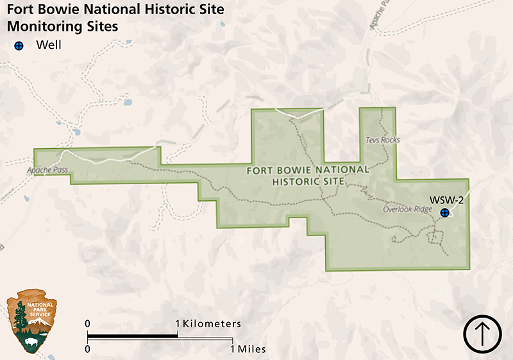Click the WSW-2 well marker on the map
(x=444, y=212)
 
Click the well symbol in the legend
(x=19, y=46)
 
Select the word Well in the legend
(x=49, y=46)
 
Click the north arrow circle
(x=482, y=334)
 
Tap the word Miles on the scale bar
(x=252, y=349)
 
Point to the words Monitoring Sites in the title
(x=62, y=28)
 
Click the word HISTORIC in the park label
(x=300, y=182)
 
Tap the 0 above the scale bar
(x=88, y=324)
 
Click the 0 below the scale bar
(x=88, y=349)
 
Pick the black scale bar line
(x=160, y=336)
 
